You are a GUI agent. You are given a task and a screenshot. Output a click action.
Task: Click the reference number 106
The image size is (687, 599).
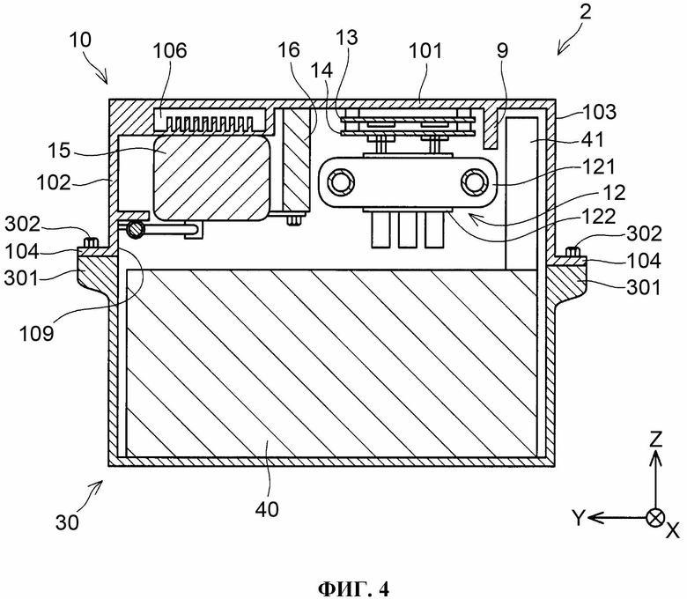tap(170, 51)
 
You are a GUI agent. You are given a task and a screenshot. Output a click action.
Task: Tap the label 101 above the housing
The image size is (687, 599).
tap(425, 51)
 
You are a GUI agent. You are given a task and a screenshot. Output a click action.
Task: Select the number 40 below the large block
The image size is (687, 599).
tap(267, 510)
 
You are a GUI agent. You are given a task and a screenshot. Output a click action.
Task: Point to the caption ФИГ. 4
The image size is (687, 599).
tap(353, 589)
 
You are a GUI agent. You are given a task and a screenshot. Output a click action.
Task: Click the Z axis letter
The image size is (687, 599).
tap(655, 439)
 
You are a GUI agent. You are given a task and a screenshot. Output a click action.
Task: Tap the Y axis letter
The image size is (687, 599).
tap(579, 518)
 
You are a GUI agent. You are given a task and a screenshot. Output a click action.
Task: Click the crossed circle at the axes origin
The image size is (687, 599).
tap(655, 518)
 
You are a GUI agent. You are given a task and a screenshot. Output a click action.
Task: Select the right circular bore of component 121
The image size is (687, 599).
tap(474, 182)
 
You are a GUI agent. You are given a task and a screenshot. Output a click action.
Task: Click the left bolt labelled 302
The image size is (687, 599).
tap(92, 242)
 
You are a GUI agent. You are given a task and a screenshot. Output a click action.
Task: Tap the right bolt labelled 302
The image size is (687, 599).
tap(573, 252)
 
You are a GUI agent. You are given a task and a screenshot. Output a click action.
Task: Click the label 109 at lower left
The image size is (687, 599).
tap(36, 334)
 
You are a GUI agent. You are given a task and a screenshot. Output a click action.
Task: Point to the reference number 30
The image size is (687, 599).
tap(67, 522)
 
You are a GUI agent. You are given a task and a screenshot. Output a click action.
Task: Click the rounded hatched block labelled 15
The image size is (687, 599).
tap(211, 177)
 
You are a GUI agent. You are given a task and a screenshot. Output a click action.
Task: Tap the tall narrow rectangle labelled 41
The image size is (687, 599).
tap(521, 193)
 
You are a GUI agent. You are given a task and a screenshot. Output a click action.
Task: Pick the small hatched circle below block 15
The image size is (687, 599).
tap(135, 229)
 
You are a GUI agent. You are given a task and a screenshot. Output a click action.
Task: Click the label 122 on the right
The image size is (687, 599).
tap(599, 217)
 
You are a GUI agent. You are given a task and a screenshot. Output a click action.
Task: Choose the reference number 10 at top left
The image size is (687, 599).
tap(80, 40)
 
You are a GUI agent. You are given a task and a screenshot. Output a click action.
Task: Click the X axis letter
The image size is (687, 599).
tap(673, 531)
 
